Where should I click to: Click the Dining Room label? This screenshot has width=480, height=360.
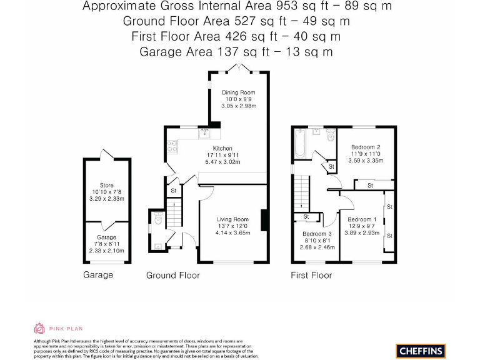[238, 92]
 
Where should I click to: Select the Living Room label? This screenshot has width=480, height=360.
[232, 219]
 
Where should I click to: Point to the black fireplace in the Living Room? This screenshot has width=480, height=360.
[265, 221]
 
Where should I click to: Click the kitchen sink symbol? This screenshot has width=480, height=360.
[204, 132]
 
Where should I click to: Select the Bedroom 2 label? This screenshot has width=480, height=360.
[366, 147]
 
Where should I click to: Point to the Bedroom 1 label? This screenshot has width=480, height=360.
[362, 219]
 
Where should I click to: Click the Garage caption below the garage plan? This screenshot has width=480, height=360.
[98, 275]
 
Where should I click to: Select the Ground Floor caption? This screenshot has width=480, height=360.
[173, 275]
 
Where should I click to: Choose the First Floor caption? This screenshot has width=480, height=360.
[311, 275]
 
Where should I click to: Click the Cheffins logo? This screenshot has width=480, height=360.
[421, 351]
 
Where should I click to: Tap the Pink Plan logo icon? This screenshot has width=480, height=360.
[39, 328]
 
